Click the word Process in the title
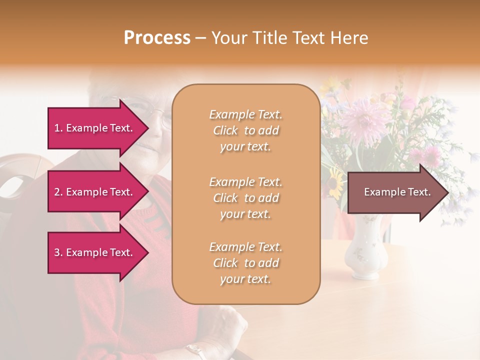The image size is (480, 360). point(157,38)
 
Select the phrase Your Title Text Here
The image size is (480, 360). point(289,38)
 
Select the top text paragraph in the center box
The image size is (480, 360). point(245,130)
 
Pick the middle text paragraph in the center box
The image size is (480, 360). point(245,198)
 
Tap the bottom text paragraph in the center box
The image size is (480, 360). point(245,263)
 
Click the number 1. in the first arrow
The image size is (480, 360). point(58,128)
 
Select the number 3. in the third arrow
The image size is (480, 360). point(58,252)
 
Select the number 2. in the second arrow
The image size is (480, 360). point(58,192)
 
